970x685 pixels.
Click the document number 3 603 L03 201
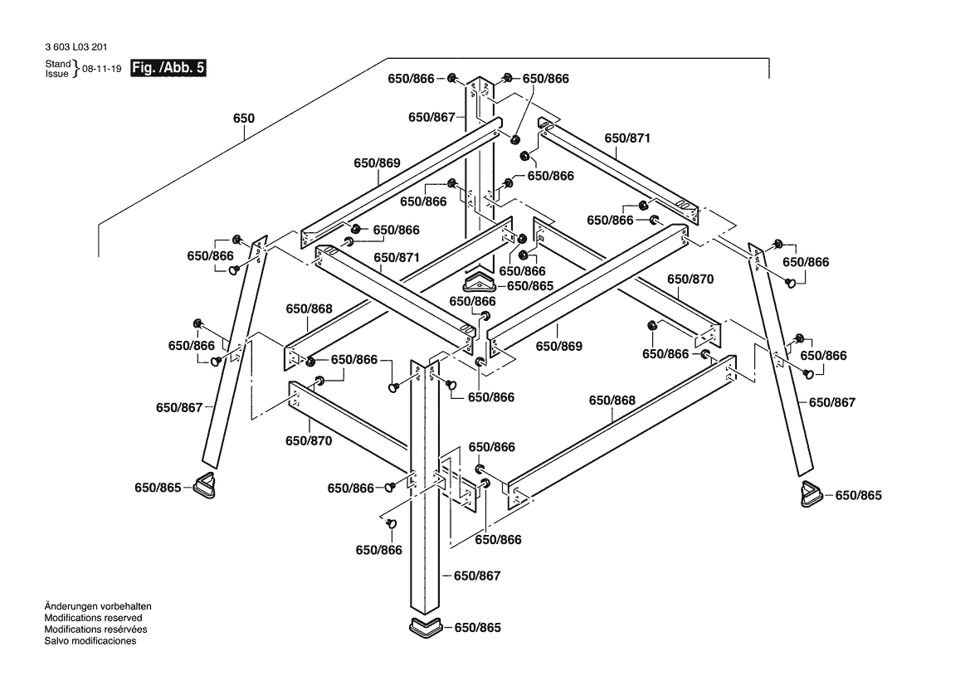76,48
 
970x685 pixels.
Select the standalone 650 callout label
243,119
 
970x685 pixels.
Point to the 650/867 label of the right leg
831,402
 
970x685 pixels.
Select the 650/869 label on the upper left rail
377,163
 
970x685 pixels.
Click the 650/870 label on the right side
690,279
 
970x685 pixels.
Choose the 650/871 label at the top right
627,138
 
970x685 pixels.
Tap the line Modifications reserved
93,618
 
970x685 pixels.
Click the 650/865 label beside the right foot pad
858,495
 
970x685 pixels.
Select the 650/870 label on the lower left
309,441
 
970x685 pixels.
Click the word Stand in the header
58,63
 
